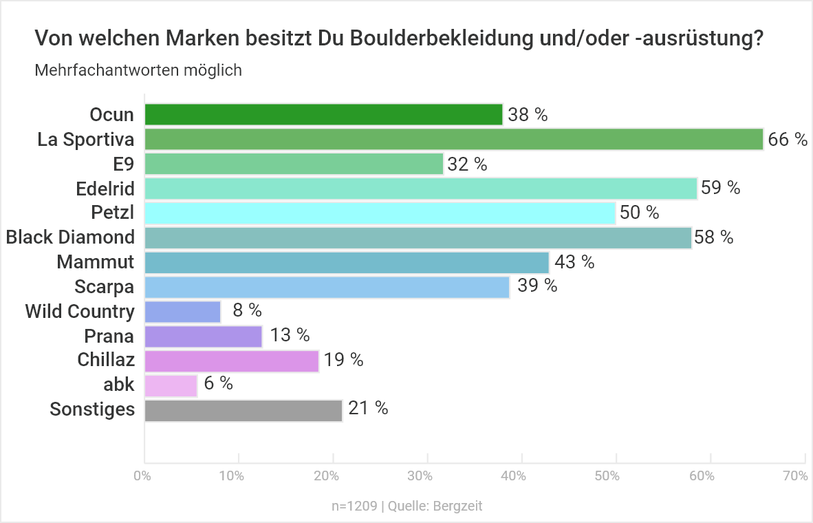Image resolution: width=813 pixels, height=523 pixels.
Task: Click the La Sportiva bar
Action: tap(454, 139)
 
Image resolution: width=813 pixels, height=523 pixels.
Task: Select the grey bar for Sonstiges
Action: tap(243, 410)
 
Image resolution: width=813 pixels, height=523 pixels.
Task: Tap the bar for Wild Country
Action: tap(183, 312)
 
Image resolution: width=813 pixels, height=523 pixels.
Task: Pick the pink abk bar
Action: tap(171, 386)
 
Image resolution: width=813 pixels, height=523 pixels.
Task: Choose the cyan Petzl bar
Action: tap(380, 213)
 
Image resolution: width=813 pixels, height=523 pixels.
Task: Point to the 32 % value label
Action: tap(468, 164)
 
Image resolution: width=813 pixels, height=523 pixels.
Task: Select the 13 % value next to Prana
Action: tap(290, 335)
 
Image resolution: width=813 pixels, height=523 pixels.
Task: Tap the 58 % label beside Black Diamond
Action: tap(714, 238)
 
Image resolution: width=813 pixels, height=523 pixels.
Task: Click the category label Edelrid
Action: tap(105, 188)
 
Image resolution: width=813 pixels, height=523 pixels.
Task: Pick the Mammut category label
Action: tap(96, 262)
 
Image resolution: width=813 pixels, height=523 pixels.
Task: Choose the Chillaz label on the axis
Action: tap(106, 360)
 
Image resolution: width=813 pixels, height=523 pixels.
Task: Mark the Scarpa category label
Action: tap(105, 287)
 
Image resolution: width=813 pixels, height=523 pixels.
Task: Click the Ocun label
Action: tap(112, 114)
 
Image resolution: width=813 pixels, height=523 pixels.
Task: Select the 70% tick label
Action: tap(795, 476)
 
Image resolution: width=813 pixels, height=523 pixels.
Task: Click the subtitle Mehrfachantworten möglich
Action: tap(138, 70)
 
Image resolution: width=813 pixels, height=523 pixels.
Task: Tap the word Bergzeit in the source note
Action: tap(458, 506)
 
